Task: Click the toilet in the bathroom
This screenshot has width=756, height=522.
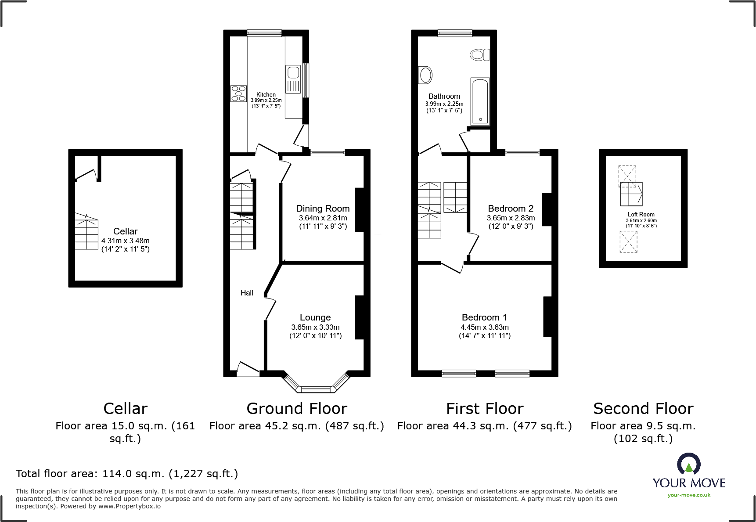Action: (x=479, y=55)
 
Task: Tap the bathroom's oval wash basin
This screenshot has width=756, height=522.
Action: (x=425, y=75)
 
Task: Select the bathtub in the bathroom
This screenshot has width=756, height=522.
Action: (x=480, y=101)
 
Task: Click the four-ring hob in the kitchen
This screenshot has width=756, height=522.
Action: (x=238, y=94)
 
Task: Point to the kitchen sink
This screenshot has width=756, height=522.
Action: (x=293, y=79)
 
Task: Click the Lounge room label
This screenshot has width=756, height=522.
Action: (x=315, y=317)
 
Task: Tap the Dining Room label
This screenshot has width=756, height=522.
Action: (x=323, y=209)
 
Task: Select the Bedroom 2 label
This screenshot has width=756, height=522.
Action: (x=511, y=209)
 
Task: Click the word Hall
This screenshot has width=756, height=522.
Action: (x=247, y=293)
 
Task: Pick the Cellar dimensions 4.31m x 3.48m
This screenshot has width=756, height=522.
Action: (x=125, y=241)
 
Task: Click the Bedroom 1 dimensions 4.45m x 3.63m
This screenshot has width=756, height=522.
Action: (x=484, y=327)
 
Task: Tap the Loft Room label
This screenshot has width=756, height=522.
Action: (x=641, y=215)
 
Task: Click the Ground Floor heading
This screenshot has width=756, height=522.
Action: (x=297, y=409)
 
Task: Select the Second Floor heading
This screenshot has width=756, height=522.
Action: (x=643, y=409)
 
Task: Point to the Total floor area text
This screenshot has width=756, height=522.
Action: (x=127, y=474)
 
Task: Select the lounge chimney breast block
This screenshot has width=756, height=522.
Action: (x=359, y=317)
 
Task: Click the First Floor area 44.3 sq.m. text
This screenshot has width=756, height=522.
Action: (x=484, y=426)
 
